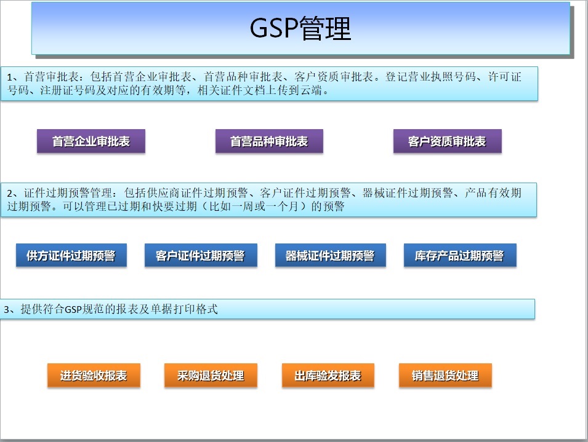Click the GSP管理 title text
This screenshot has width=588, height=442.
(300, 28)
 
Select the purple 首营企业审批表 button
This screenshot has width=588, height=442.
(91, 141)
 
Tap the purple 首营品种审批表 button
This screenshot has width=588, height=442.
(269, 141)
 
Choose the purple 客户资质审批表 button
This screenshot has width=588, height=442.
(448, 141)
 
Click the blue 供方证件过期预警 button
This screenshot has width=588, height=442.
(71, 255)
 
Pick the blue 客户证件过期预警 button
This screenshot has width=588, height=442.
(201, 255)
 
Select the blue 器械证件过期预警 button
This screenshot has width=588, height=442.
(331, 255)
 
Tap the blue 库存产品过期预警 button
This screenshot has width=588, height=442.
(460, 255)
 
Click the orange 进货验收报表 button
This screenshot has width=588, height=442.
(94, 375)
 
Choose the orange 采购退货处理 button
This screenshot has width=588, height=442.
(211, 375)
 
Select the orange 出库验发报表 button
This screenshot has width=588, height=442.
(328, 375)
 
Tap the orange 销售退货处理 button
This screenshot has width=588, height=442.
(445, 375)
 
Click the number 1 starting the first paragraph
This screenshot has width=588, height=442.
(10, 77)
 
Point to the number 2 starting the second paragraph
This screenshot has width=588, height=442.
(10, 193)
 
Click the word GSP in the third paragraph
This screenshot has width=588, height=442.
(73, 309)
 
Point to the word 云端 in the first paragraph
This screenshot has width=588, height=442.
(312, 90)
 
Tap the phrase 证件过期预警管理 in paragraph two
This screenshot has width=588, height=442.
(68, 193)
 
